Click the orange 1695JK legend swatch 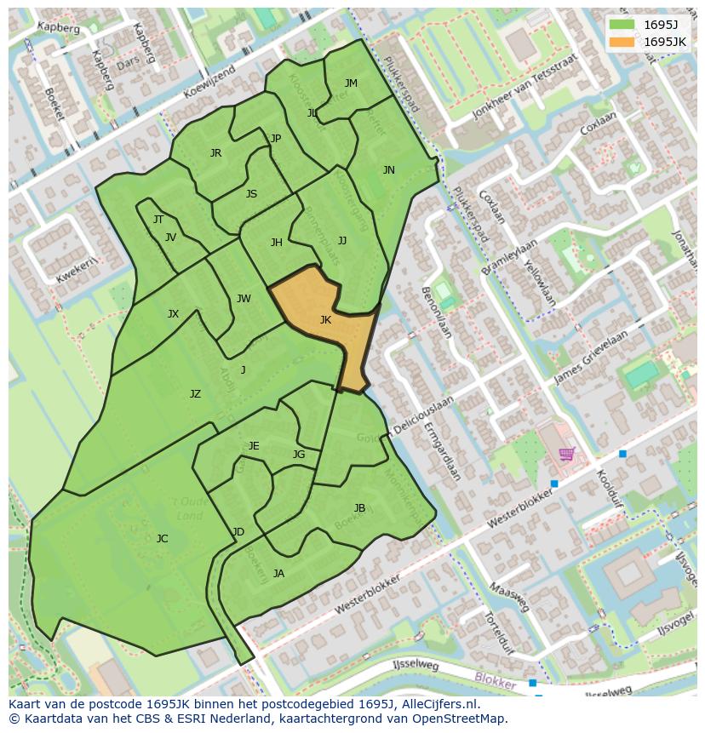click(x=622, y=42)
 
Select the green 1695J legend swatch click(x=622, y=25)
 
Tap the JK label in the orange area click(x=325, y=320)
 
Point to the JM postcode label click(x=351, y=83)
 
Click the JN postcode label click(x=389, y=170)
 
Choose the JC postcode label click(x=163, y=538)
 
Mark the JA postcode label click(x=278, y=574)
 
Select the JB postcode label click(x=359, y=508)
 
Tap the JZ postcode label click(x=195, y=394)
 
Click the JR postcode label click(x=215, y=153)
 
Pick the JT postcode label click(x=158, y=220)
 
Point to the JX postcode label click(x=173, y=314)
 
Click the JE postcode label click(x=254, y=446)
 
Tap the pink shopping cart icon click(x=566, y=454)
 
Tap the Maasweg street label click(x=510, y=598)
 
